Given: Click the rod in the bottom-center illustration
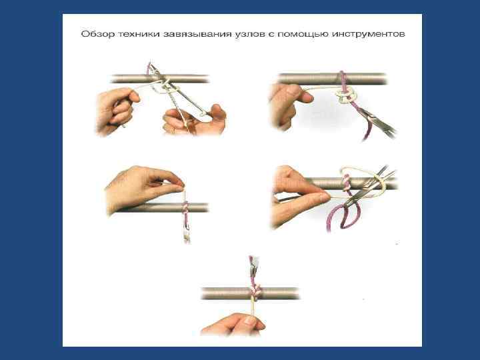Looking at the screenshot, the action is pos(250,293).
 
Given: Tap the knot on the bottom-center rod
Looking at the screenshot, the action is pos(255,291).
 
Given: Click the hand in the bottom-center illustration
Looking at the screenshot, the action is pos(233,324).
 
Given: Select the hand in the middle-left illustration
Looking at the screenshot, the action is pos(144,188).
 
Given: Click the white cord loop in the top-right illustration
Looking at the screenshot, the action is pos(346,95).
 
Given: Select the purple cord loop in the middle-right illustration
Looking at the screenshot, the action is pos(343,216).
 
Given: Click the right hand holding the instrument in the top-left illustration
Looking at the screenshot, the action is pos(195,120).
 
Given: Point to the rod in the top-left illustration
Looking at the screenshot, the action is pos(160,79).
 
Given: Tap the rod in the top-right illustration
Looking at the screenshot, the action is pos(332,79).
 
